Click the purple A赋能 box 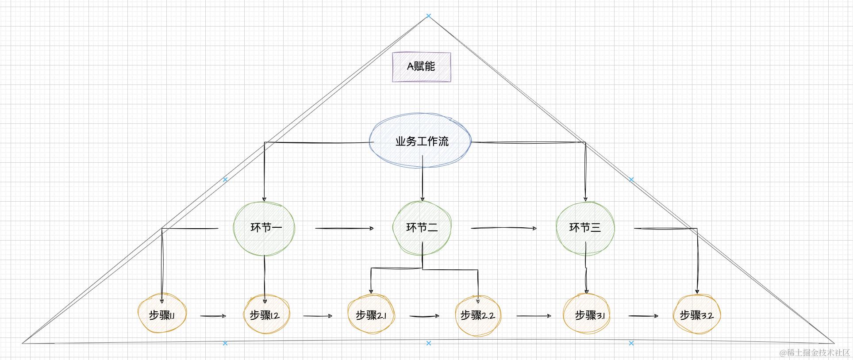[421, 67]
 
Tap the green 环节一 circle [264, 228]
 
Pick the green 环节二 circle [422, 228]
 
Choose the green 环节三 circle [585, 228]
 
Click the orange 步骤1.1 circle [162, 315]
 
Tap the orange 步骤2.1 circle [371, 315]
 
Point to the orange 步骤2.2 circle [478, 315]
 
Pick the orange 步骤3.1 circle [587, 315]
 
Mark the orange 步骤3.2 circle [696, 315]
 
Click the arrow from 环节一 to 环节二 [344, 228]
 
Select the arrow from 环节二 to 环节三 [503, 228]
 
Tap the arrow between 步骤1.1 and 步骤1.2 [213, 316]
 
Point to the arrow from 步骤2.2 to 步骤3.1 [534, 316]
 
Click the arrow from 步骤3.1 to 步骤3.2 [643, 316]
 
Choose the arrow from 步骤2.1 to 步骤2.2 [424, 316]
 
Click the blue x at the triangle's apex [428, 16]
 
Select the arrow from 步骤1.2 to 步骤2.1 [318, 316]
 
